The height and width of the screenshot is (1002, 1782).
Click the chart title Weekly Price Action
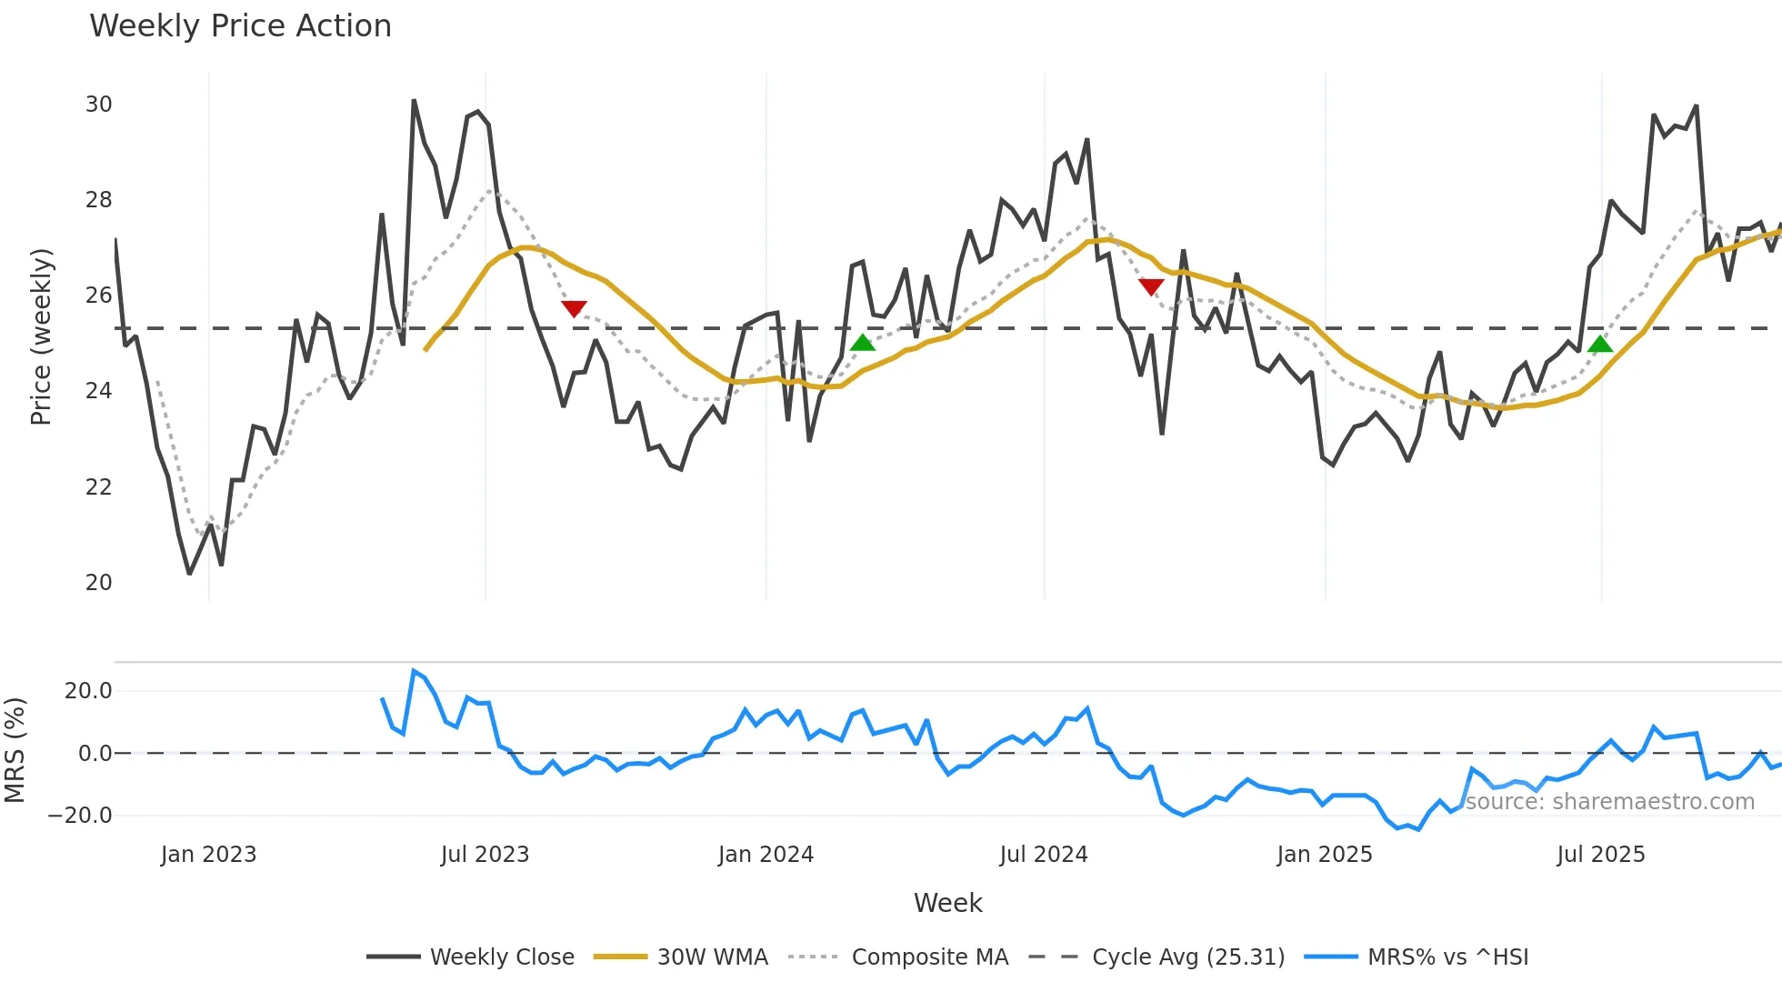(x=240, y=26)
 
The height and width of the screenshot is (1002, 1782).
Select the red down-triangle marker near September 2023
(x=574, y=308)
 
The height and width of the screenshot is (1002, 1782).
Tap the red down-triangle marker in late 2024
(x=1151, y=287)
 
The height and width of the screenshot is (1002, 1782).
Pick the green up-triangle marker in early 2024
(x=862, y=343)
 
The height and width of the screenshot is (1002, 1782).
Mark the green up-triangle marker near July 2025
(x=1600, y=344)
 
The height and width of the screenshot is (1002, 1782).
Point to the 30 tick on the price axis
(x=99, y=105)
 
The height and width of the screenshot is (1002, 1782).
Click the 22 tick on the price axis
(x=99, y=487)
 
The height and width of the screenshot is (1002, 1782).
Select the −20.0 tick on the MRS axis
(x=80, y=816)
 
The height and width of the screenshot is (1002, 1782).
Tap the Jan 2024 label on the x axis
(x=766, y=855)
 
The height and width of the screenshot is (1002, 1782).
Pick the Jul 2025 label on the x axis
(x=1601, y=855)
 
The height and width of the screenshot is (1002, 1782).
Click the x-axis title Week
(x=947, y=903)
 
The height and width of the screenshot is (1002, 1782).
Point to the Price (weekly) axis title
(x=42, y=336)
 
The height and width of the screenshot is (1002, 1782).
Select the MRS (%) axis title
(x=15, y=750)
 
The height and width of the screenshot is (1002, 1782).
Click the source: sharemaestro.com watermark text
(x=1609, y=802)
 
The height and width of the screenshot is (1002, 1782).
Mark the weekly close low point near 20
(x=189, y=574)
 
